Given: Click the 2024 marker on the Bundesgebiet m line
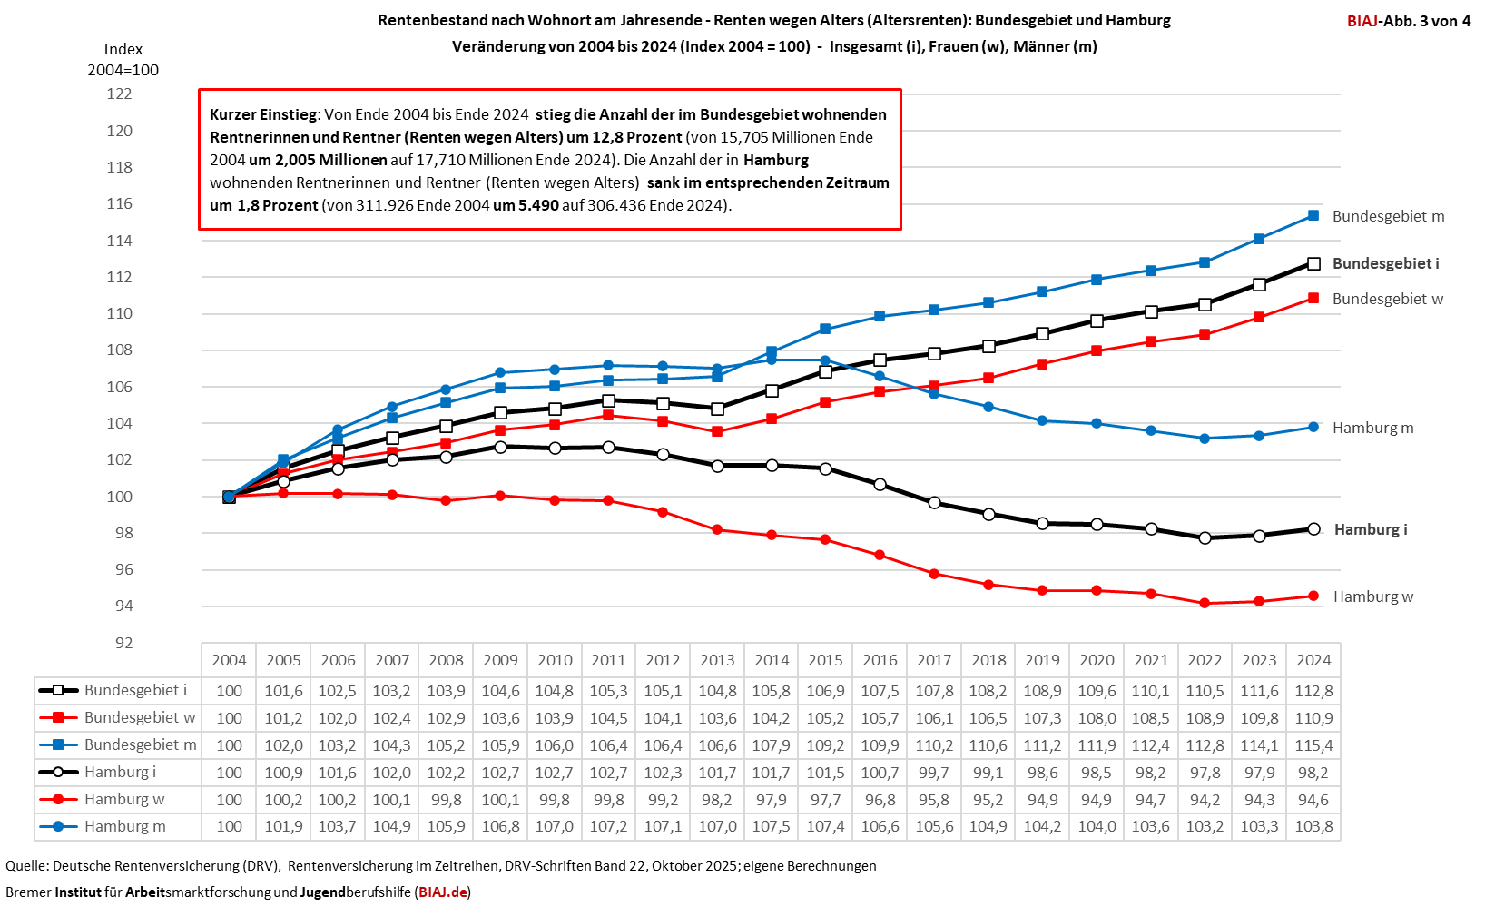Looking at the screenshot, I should pos(1313,215).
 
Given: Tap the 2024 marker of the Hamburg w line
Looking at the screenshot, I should pos(1313,596).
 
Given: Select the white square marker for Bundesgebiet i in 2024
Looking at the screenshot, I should pos(1313,263).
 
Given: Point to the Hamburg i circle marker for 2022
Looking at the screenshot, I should pos(1205,537).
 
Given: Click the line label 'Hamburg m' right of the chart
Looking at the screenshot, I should pos(1372,428).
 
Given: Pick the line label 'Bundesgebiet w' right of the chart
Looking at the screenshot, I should pos(1387,299).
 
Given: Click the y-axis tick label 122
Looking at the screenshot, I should pos(119,94).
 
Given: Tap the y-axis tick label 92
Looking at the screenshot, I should pos(123,643).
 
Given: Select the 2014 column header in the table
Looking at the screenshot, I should pos(772,660).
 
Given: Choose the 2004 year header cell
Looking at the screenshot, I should pos(229,660).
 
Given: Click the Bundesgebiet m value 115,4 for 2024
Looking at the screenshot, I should pos(1313,745).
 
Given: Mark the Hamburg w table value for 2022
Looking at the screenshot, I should pos(1205,800).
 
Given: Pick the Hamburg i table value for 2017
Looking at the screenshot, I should pos(934,773).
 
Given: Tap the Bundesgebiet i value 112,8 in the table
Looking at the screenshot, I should pos(1313,691).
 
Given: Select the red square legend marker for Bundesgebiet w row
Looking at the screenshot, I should pos(58,717).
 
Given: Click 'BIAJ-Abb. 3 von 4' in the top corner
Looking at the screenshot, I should pos(1409,21).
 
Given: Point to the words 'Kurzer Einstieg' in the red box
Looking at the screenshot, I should pos(263,114).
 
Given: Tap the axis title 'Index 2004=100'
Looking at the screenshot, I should pos(123,59).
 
